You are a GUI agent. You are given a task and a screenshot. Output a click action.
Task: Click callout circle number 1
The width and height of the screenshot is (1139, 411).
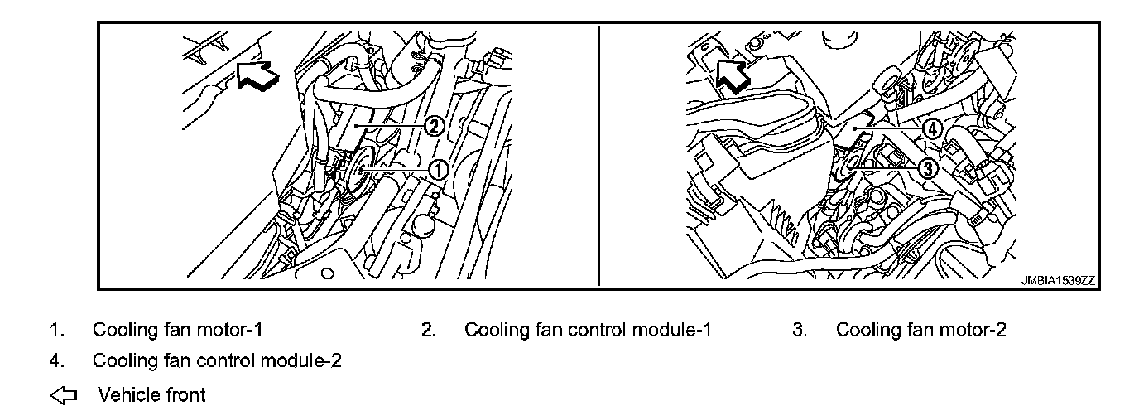point(438,170)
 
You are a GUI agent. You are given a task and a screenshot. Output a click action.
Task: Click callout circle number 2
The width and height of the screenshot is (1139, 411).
point(434,126)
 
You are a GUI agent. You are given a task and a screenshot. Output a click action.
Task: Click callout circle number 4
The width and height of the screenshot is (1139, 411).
point(930,128)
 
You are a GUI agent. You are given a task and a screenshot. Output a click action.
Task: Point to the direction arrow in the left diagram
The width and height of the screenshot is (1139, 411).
point(257,74)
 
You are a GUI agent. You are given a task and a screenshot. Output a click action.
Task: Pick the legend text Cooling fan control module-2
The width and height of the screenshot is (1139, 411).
point(217,361)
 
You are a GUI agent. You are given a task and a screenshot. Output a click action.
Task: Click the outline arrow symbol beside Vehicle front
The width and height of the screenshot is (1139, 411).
point(63,395)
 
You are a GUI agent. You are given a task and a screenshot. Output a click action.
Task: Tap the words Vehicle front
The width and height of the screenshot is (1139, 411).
point(151,394)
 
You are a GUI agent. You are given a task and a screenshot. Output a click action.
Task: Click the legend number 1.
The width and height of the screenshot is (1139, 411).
point(55,330)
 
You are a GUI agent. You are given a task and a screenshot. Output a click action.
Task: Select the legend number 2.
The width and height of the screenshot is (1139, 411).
point(427,330)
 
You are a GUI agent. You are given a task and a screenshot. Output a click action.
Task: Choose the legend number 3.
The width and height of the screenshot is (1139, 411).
point(799,330)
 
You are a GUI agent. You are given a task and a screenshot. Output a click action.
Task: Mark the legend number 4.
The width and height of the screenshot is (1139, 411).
point(55,362)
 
